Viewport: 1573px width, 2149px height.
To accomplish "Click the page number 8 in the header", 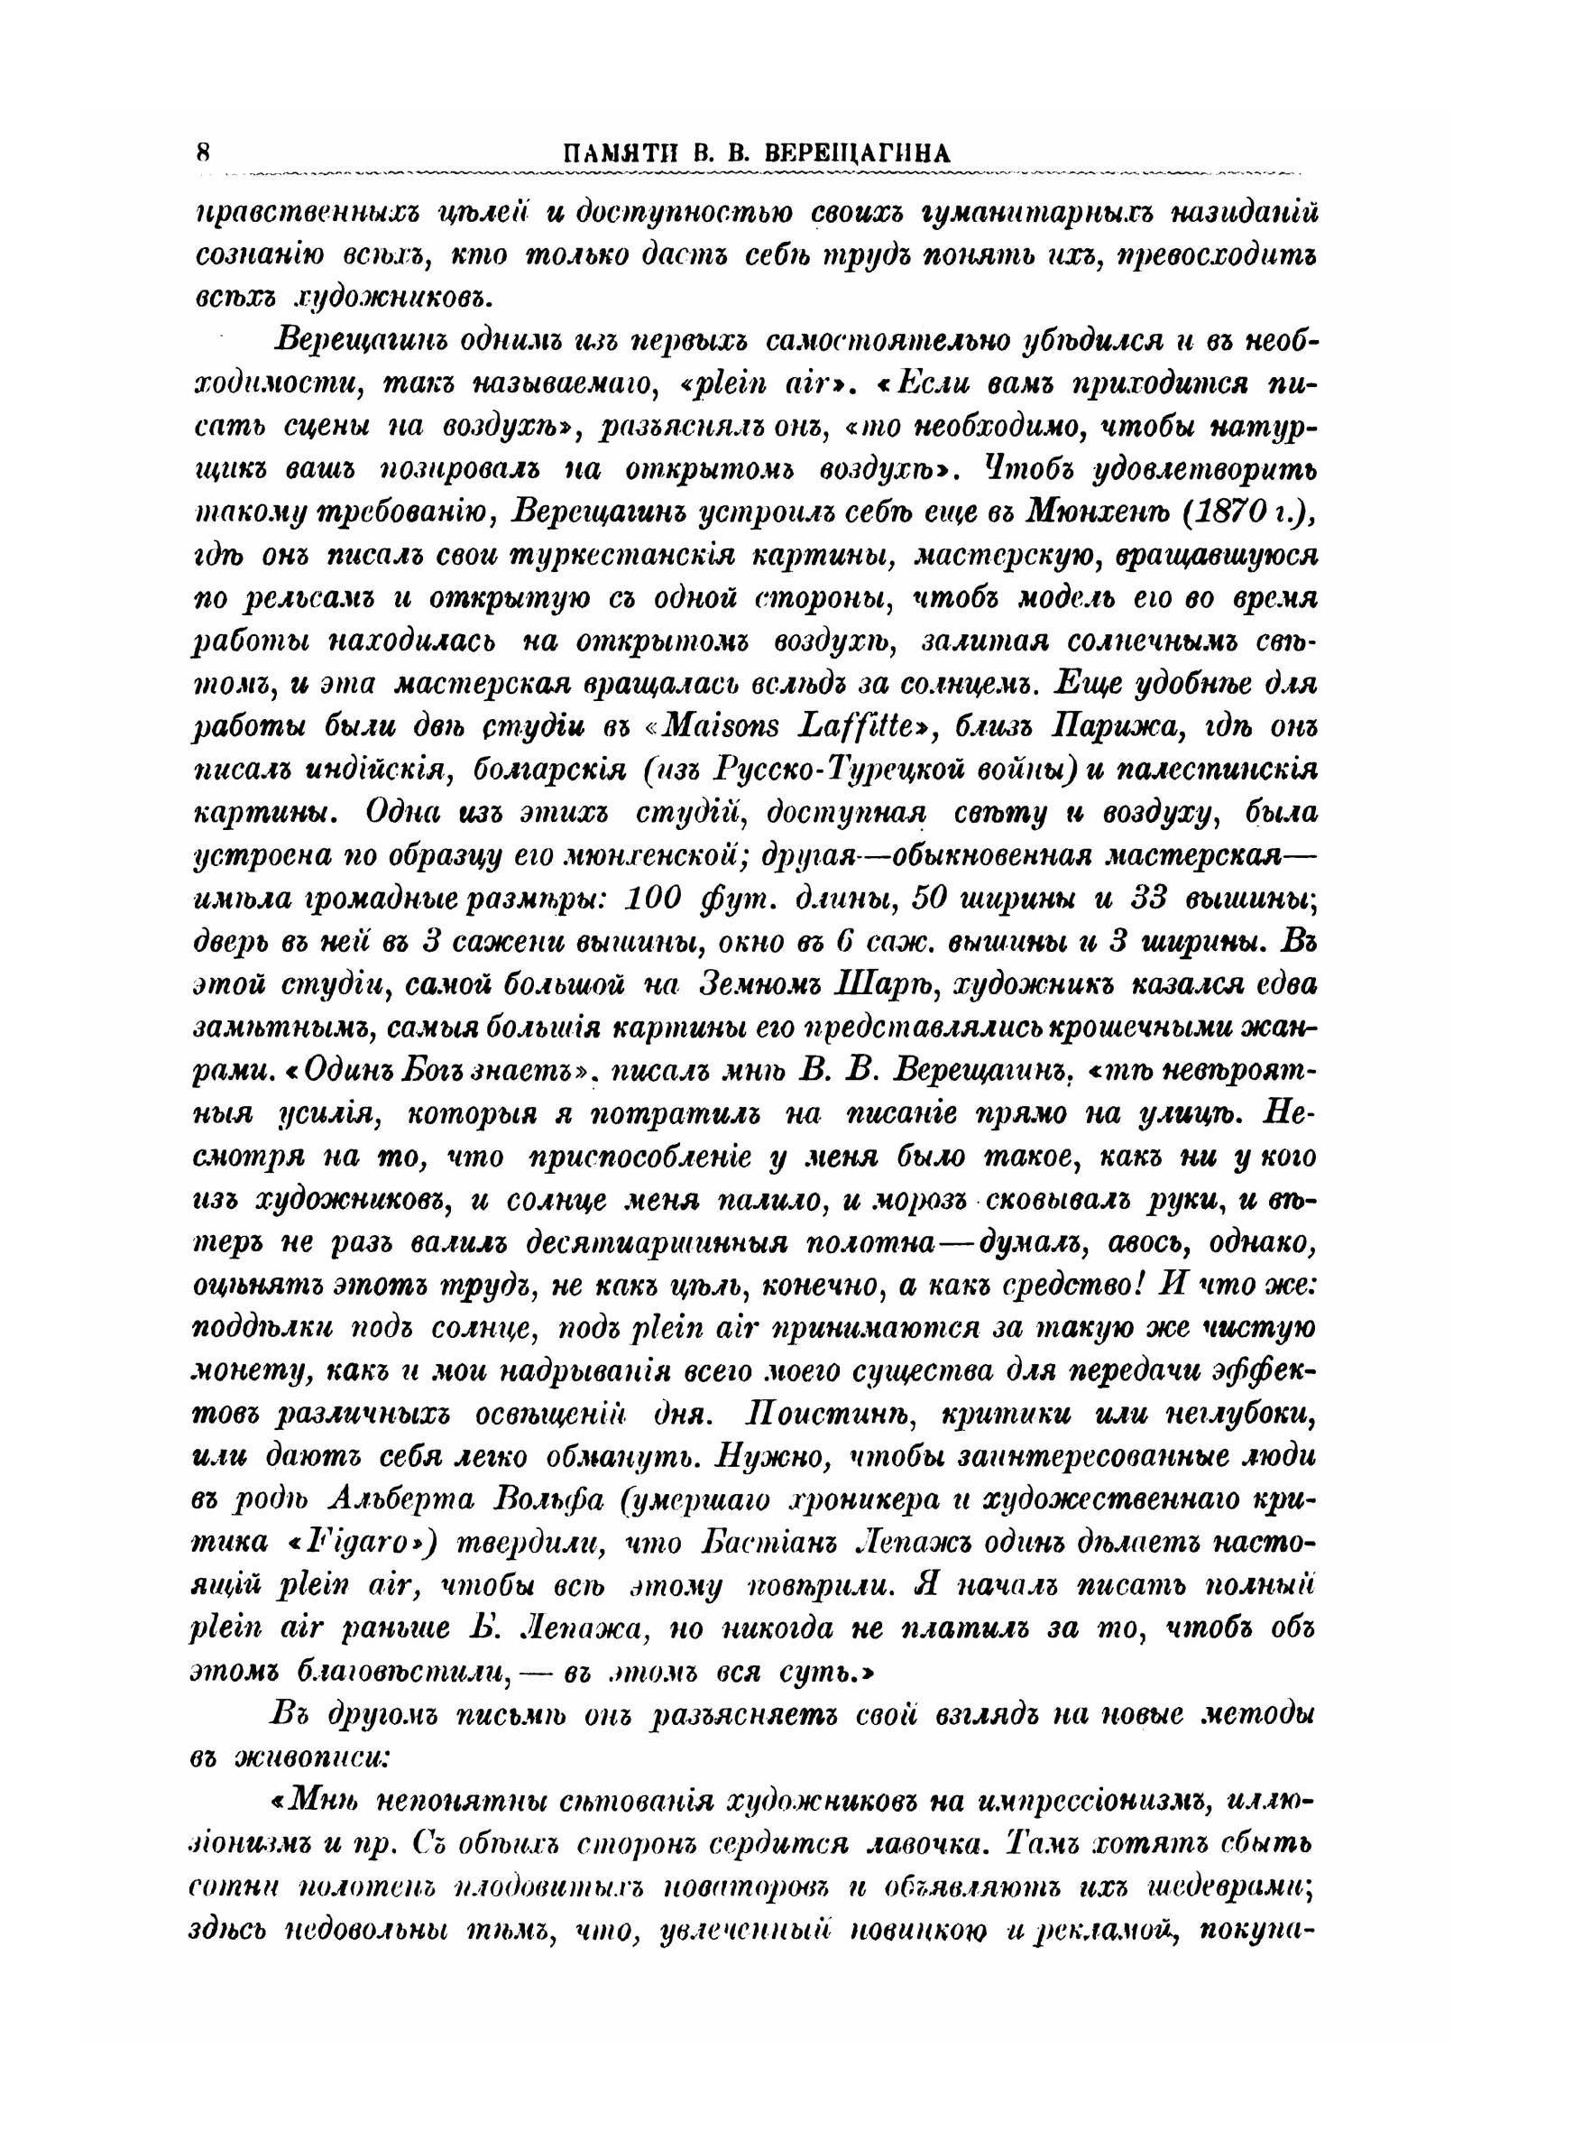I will [x=203, y=151].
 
